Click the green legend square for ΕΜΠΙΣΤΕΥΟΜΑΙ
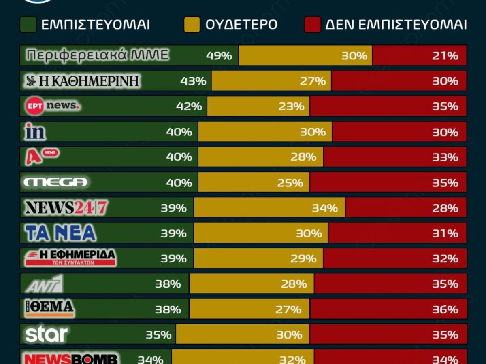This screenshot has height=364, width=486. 28,25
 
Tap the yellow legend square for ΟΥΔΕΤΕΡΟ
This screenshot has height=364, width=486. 192,25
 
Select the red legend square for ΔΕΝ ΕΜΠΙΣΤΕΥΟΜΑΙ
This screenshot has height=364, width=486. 312,25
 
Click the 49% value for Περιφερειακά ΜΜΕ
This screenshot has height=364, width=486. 219,55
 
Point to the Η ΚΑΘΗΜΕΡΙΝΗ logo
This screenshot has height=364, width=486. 82,81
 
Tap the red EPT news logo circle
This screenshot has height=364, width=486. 34,106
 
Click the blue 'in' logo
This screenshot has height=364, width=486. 35,132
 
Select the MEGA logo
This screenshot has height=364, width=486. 55,182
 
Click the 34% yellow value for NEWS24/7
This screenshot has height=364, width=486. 324,208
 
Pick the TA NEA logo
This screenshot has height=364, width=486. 60,233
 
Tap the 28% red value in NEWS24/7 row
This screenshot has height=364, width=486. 445,208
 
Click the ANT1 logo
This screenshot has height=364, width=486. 44,284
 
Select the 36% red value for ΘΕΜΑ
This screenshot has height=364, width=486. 445,309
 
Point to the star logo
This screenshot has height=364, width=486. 46,334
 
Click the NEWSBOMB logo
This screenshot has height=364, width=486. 71,359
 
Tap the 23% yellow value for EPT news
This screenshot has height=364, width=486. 291,106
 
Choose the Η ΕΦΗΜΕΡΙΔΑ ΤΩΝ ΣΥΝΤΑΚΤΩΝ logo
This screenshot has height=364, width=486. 70,258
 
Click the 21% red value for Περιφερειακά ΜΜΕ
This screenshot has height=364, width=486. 445,55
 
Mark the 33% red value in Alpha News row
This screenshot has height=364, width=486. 445,157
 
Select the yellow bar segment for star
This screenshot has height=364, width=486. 243,334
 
